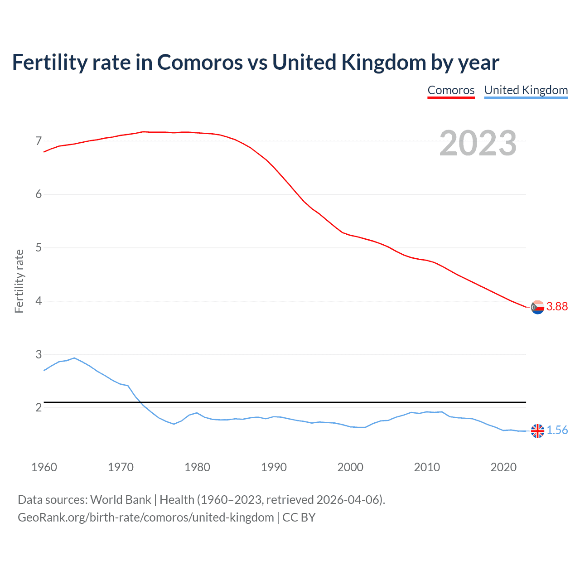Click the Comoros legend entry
pyautogui.click(x=451, y=90)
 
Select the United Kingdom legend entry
pyautogui.click(x=526, y=90)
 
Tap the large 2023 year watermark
pyautogui.click(x=478, y=143)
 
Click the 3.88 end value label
pyautogui.click(x=557, y=307)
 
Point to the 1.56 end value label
pyautogui.click(x=557, y=430)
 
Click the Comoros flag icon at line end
pyautogui.click(x=537, y=307)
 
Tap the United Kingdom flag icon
pyautogui.click(x=537, y=431)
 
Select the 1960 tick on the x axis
pyautogui.click(x=44, y=467)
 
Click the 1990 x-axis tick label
pyautogui.click(x=274, y=467)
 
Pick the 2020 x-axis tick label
pyautogui.click(x=503, y=467)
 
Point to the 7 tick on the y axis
pyautogui.click(x=39, y=141)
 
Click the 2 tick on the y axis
pyautogui.click(x=39, y=408)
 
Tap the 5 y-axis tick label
pyautogui.click(x=39, y=248)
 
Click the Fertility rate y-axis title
pyautogui.click(x=19, y=281)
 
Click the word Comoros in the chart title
pyautogui.click(x=200, y=63)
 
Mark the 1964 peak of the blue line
pyautogui.click(x=74, y=358)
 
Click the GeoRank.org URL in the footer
pyautogui.click(x=145, y=517)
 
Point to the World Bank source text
pyautogui.click(x=121, y=500)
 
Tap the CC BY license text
pyautogui.click(x=299, y=517)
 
